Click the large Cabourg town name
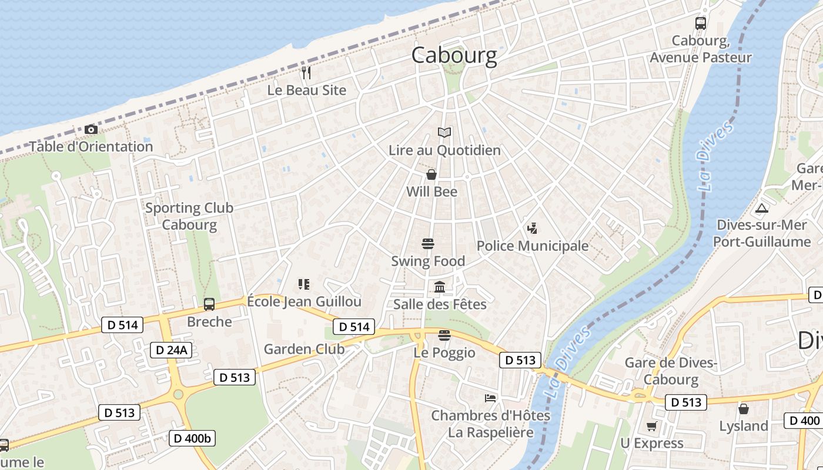454,55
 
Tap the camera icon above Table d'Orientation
91,129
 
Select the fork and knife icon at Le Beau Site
306,73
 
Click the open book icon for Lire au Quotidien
444,133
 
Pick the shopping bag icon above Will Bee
431,174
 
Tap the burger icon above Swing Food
428,244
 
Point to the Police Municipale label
532,246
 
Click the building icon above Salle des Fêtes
440,287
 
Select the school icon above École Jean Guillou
304,284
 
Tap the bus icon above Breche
209,304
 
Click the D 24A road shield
171,350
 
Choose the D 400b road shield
192,438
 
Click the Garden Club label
304,349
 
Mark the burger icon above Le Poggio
444,335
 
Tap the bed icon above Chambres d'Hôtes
490,398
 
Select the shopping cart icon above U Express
651,426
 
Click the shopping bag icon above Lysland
744,408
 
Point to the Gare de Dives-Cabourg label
671,371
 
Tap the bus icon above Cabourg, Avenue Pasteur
700,23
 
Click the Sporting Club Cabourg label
189,216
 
